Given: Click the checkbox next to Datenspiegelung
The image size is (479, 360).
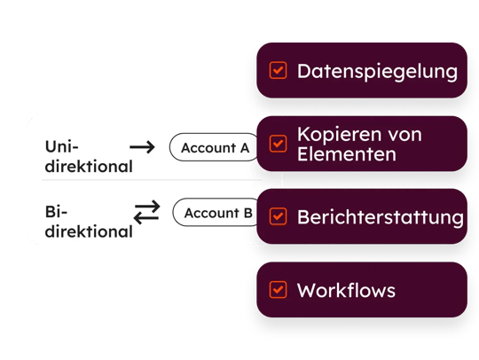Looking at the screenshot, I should coord(278,70).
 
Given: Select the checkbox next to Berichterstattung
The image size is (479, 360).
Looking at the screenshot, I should coord(278,216).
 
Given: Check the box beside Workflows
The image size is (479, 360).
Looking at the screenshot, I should coord(278,290).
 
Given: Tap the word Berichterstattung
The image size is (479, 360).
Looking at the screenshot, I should coord(380,216).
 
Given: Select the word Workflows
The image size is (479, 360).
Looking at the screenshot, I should coord(346,290).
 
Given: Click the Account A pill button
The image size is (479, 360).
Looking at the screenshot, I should coord(214,147).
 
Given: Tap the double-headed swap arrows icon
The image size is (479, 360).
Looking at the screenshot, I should coord(146,213).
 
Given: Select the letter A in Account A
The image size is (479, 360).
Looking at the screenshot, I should coord(244,147).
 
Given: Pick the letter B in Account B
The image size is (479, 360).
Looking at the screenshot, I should coord(247,213).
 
